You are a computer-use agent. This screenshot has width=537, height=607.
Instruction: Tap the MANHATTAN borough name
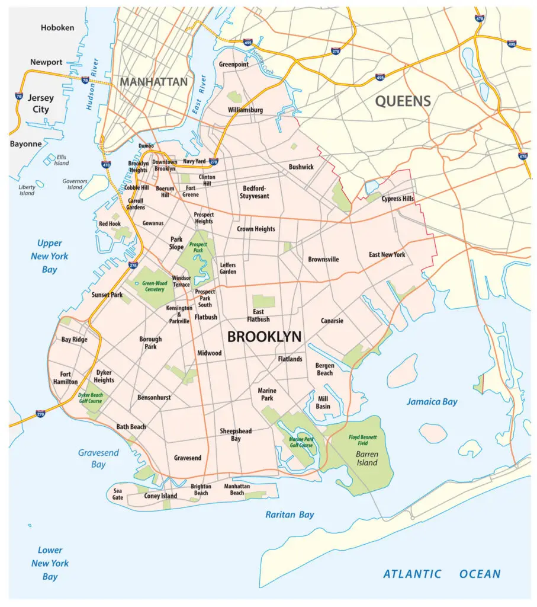(x=153, y=82)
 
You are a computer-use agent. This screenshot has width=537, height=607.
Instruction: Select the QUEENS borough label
(x=403, y=101)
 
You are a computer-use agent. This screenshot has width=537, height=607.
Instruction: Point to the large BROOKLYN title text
(x=264, y=337)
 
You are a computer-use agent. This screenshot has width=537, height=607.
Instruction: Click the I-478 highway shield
(x=106, y=164)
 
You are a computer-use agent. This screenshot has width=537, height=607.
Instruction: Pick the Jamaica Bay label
(x=432, y=402)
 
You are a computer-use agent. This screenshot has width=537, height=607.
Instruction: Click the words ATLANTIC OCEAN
(x=441, y=574)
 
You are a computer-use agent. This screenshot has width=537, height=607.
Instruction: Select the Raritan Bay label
(x=290, y=515)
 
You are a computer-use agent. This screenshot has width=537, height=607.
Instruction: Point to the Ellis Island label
(x=62, y=160)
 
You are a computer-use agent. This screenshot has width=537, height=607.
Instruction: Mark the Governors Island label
(x=75, y=184)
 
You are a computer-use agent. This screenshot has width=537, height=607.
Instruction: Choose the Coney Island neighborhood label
(x=160, y=496)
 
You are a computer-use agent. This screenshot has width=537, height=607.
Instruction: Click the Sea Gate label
(x=118, y=494)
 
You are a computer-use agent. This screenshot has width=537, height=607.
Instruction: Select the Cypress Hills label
(x=398, y=199)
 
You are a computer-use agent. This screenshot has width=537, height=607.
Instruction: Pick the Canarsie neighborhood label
(x=332, y=321)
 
